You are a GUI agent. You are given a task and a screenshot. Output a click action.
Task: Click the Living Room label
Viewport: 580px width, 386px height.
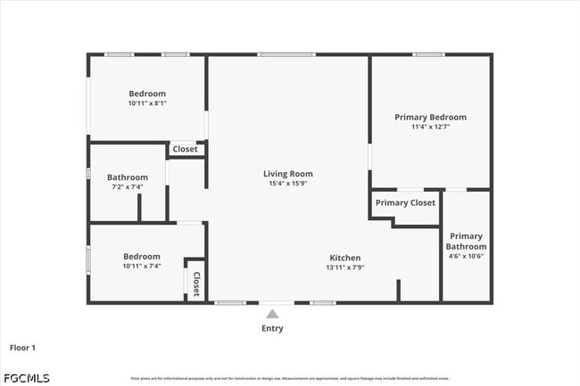click(x=287, y=174)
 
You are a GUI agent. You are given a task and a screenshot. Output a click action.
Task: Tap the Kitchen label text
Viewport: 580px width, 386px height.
click(x=344, y=256)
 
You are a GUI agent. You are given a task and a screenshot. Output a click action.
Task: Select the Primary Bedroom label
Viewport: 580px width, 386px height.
click(x=430, y=117)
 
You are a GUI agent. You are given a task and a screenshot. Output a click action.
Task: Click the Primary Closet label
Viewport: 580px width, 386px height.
click(x=405, y=202)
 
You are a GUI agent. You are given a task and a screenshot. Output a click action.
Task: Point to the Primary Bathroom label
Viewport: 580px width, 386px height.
click(x=466, y=241)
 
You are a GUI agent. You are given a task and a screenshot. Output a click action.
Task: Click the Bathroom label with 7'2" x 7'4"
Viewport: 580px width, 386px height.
click(x=127, y=177)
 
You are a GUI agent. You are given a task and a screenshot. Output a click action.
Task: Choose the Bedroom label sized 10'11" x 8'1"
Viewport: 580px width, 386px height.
click(x=147, y=94)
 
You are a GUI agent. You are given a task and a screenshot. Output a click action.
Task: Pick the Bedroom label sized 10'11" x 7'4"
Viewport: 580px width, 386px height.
click(x=141, y=256)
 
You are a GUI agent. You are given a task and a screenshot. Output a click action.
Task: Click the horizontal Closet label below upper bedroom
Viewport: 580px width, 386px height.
click(x=185, y=149)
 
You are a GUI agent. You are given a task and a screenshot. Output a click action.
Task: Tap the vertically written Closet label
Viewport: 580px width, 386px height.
click(x=195, y=283)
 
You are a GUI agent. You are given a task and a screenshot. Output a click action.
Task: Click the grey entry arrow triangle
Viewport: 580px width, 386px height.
click(x=272, y=314)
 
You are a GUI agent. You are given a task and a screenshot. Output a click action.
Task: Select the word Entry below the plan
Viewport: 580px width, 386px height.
click(x=272, y=328)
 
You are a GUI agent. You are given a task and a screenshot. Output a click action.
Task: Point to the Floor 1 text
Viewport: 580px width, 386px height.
click(x=22, y=347)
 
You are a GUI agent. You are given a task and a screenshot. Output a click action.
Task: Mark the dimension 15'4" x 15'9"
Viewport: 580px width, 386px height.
click(x=287, y=184)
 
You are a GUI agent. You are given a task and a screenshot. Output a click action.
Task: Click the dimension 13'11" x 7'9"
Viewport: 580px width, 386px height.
click(x=344, y=267)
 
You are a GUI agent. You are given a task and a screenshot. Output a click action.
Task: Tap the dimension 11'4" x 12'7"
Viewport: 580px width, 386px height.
click(x=430, y=127)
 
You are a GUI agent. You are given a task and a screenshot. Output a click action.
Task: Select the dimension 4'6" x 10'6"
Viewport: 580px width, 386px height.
click(x=466, y=257)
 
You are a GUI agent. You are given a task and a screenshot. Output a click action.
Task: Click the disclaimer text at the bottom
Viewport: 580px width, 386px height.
click(x=290, y=378)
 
